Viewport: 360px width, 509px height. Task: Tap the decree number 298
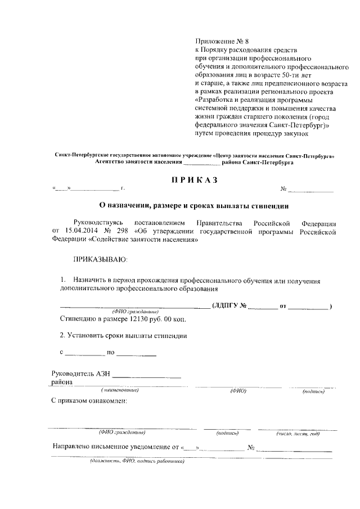click(x=121, y=230)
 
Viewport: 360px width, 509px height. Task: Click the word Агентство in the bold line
click(x=111, y=161)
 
